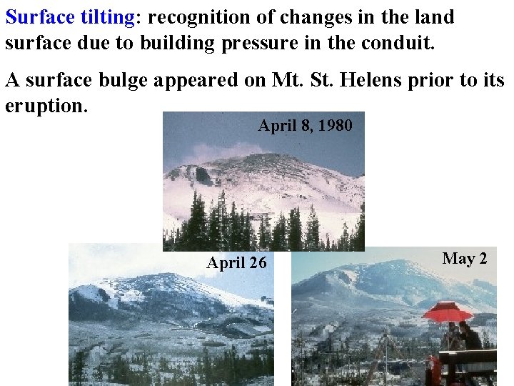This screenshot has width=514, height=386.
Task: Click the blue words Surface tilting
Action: click(x=69, y=17)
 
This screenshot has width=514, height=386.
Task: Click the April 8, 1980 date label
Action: click(x=305, y=126)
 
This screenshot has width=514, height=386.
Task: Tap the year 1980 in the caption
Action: click(x=336, y=126)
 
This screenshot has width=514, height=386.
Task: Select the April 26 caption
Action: click(x=236, y=263)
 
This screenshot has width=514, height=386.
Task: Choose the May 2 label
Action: click(x=465, y=259)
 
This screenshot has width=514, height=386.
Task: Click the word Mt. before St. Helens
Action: click(x=287, y=81)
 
